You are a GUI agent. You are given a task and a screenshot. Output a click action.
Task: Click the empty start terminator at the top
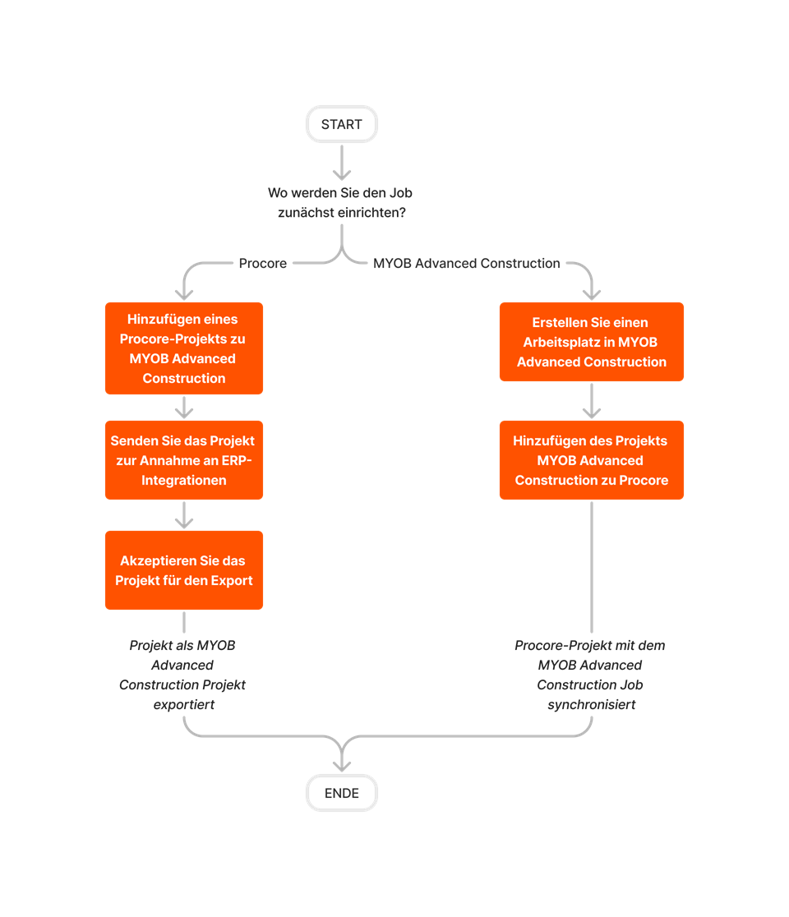pos(341,124)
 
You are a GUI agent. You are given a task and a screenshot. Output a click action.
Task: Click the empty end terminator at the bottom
pos(341,793)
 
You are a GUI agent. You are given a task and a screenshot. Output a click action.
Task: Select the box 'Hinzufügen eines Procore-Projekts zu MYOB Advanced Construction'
pos(183,348)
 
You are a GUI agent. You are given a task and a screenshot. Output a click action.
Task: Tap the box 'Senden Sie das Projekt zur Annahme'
pos(183,460)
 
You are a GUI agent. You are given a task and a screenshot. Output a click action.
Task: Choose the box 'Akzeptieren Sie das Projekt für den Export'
pos(183,570)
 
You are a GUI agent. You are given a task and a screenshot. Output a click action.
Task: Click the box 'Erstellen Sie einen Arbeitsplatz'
pos(591,342)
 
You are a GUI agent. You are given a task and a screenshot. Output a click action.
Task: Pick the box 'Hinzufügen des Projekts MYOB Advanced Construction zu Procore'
pos(591,460)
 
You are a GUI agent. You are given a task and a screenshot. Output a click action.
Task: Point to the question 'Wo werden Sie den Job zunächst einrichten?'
pos(340,202)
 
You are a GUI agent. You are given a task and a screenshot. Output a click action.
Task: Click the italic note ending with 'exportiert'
pos(182,675)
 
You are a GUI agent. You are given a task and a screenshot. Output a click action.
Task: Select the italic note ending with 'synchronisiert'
pos(590,675)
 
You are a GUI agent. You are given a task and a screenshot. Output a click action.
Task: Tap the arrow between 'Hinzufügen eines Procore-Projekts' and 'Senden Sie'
pos(184,407)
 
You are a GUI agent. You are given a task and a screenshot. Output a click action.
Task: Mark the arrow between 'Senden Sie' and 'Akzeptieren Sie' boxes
pos(184,515)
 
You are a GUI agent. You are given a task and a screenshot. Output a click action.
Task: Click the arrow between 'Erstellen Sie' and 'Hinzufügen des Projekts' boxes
pos(592,401)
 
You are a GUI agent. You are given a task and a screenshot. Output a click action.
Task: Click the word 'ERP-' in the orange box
pos(236,460)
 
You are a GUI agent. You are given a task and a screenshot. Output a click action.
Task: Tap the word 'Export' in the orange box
pos(232,580)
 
